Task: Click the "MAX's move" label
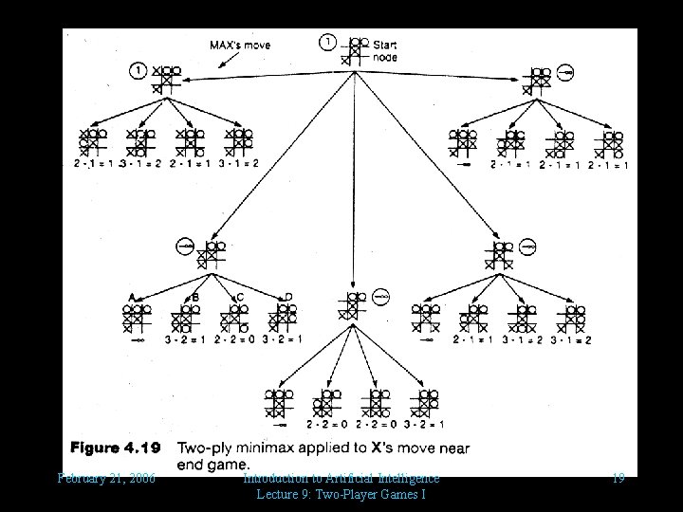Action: pyautogui.click(x=239, y=45)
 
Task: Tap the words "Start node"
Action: pyautogui.click(x=385, y=49)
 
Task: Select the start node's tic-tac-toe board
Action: pyautogui.click(x=354, y=49)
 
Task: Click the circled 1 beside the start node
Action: pyautogui.click(x=328, y=42)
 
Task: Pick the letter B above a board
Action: pyautogui.click(x=195, y=297)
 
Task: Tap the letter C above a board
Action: pyautogui.click(x=239, y=297)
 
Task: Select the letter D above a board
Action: pyautogui.click(x=288, y=297)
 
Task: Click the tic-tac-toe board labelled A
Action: pyautogui.click(x=138, y=317)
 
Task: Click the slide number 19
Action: pyautogui.click(x=618, y=478)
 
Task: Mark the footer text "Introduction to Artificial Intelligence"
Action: pyautogui.click(x=341, y=477)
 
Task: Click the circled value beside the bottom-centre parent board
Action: pyautogui.click(x=380, y=297)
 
